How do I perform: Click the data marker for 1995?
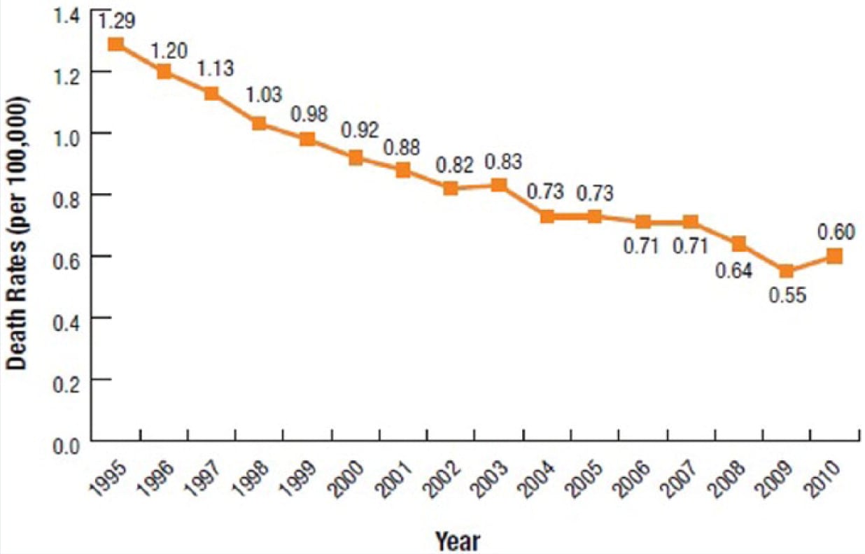pyautogui.click(x=116, y=44)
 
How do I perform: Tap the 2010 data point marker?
pyautogui.click(x=834, y=256)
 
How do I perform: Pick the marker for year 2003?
pyautogui.click(x=499, y=185)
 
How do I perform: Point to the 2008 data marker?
pyautogui.click(x=739, y=243)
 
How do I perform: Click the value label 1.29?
pyautogui.click(x=117, y=21)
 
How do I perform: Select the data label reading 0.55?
pyautogui.click(x=788, y=295)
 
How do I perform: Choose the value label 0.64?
pyautogui.click(x=733, y=271)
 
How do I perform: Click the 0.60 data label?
pyautogui.click(x=836, y=232)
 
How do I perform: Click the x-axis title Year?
pyautogui.click(x=458, y=541)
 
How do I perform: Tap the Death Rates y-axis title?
pyautogui.click(x=17, y=234)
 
